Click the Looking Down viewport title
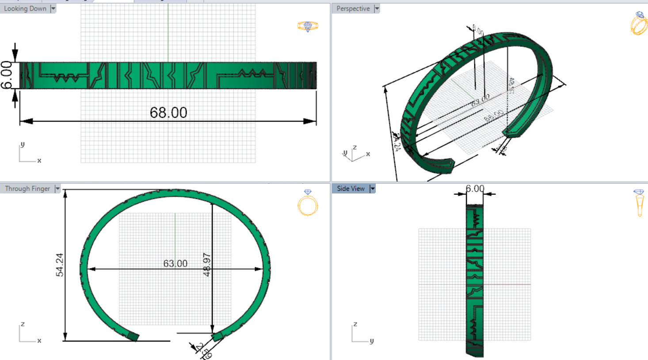(25, 8)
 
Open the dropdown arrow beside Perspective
(377, 8)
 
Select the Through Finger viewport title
(27, 189)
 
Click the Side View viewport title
(351, 189)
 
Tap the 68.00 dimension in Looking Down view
(168, 113)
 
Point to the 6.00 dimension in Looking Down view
(6, 75)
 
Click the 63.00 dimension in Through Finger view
(175, 264)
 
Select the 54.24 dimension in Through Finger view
(60, 265)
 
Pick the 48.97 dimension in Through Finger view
(207, 265)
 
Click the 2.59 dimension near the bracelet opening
(205, 351)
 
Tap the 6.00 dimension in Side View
(475, 189)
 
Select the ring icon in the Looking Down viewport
(308, 26)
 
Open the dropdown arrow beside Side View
(372, 189)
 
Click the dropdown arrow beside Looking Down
(53, 8)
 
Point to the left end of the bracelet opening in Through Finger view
(133, 337)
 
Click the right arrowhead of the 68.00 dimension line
(311, 121)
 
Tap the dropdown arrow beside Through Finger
(57, 189)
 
